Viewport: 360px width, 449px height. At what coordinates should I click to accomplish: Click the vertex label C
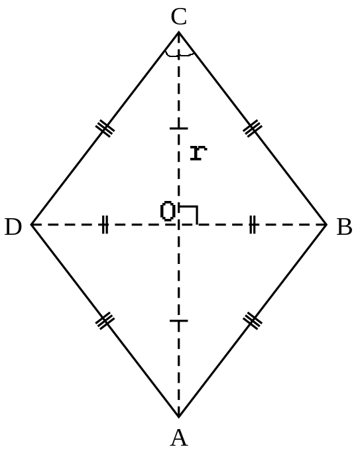pyautogui.click(x=179, y=17)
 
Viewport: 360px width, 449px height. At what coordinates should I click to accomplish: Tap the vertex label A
pyautogui.click(x=179, y=438)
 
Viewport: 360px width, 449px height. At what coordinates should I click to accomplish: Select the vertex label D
pyautogui.click(x=13, y=227)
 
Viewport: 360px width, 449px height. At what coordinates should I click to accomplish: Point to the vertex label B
pyautogui.click(x=344, y=227)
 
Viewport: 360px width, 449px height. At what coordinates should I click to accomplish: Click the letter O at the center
pyautogui.click(x=168, y=212)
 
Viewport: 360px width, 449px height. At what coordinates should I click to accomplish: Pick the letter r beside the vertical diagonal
pyautogui.click(x=198, y=153)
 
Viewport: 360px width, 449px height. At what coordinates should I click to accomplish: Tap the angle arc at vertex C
pyautogui.click(x=180, y=54)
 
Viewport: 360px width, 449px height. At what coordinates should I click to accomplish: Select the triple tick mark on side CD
pyautogui.click(x=105, y=129)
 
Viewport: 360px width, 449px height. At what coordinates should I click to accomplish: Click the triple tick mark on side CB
pyautogui.click(x=253, y=129)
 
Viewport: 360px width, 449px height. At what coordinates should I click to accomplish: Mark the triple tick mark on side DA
pyautogui.click(x=105, y=321)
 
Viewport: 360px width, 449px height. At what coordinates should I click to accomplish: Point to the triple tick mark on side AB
pyautogui.click(x=253, y=321)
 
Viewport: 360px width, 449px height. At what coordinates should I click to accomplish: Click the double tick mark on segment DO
pyautogui.click(x=105, y=225)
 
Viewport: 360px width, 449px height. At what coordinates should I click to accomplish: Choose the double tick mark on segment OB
pyautogui.click(x=252, y=225)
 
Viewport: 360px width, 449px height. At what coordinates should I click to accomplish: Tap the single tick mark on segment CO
pyautogui.click(x=179, y=128)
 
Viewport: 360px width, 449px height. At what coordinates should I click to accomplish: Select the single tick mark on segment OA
pyautogui.click(x=179, y=321)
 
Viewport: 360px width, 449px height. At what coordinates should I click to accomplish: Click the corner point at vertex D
pyautogui.click(x=31, y=225)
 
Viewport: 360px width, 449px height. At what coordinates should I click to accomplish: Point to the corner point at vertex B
pyautogui.click(x=326, y=225)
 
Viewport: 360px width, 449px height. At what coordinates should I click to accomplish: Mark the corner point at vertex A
pyautogui.click(x=179, y=417)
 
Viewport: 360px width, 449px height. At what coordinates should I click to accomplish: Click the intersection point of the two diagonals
pyautogui.click(x=179, y=225)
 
